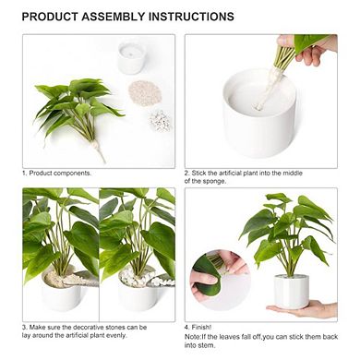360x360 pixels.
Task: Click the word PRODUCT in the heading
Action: click(51, 17)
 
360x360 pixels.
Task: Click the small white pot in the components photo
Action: click(131, 58)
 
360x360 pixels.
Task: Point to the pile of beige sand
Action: click(143, 92)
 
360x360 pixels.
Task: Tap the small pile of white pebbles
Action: click(160, 120)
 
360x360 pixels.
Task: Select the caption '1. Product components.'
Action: click(58, 173)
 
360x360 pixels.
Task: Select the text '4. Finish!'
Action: click(200, 327)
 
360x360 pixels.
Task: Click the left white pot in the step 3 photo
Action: click(65, 293)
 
